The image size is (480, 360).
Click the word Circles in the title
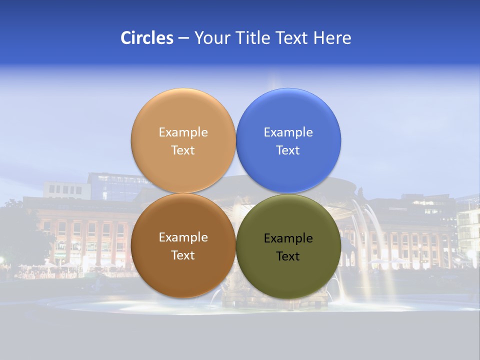(x=146, y=38)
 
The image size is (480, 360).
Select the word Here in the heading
(x=332, y=38)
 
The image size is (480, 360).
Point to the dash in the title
(x=183, y=38)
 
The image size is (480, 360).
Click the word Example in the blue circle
(x=288, y=132)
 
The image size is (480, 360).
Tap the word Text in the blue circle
(x=288, y=150)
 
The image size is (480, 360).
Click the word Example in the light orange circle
(x=183, y=132)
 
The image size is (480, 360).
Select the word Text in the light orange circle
(x=183, y=150)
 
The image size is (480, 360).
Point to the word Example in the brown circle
(x=183, y=237)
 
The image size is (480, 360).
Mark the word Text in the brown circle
(x=183, y=255)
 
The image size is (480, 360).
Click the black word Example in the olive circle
(x=288, y=238)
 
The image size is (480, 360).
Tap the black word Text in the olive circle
(x=288, y=256)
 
